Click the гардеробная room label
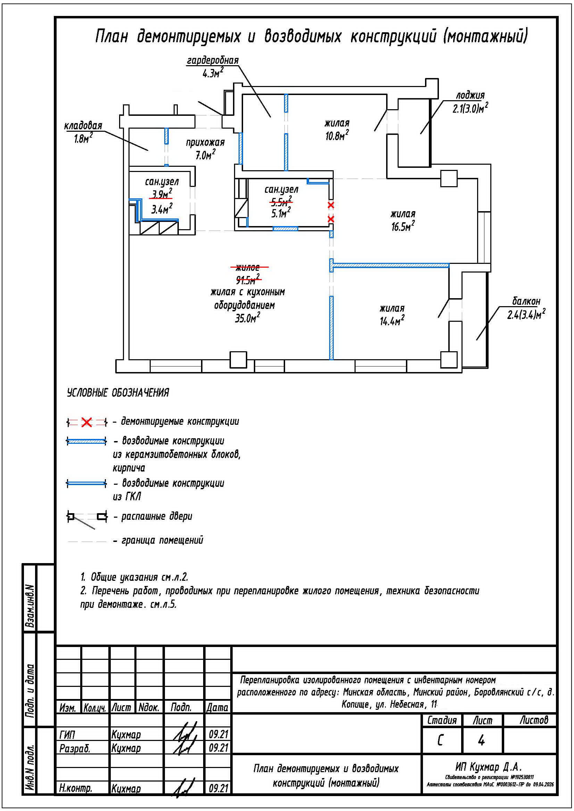tap(213, 60)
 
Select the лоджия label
tap(470, 95)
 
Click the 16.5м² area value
tap(403, 226)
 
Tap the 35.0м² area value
tap(248, 318)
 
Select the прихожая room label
tap(205, 143)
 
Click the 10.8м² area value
tap(337, 136)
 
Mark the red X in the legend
tap(87, 422)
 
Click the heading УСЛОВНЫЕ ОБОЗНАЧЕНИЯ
tap(118, 393)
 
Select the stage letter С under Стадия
tap(440, 741)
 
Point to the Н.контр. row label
tap(76, 789)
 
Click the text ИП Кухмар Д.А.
tap(489, 767)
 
